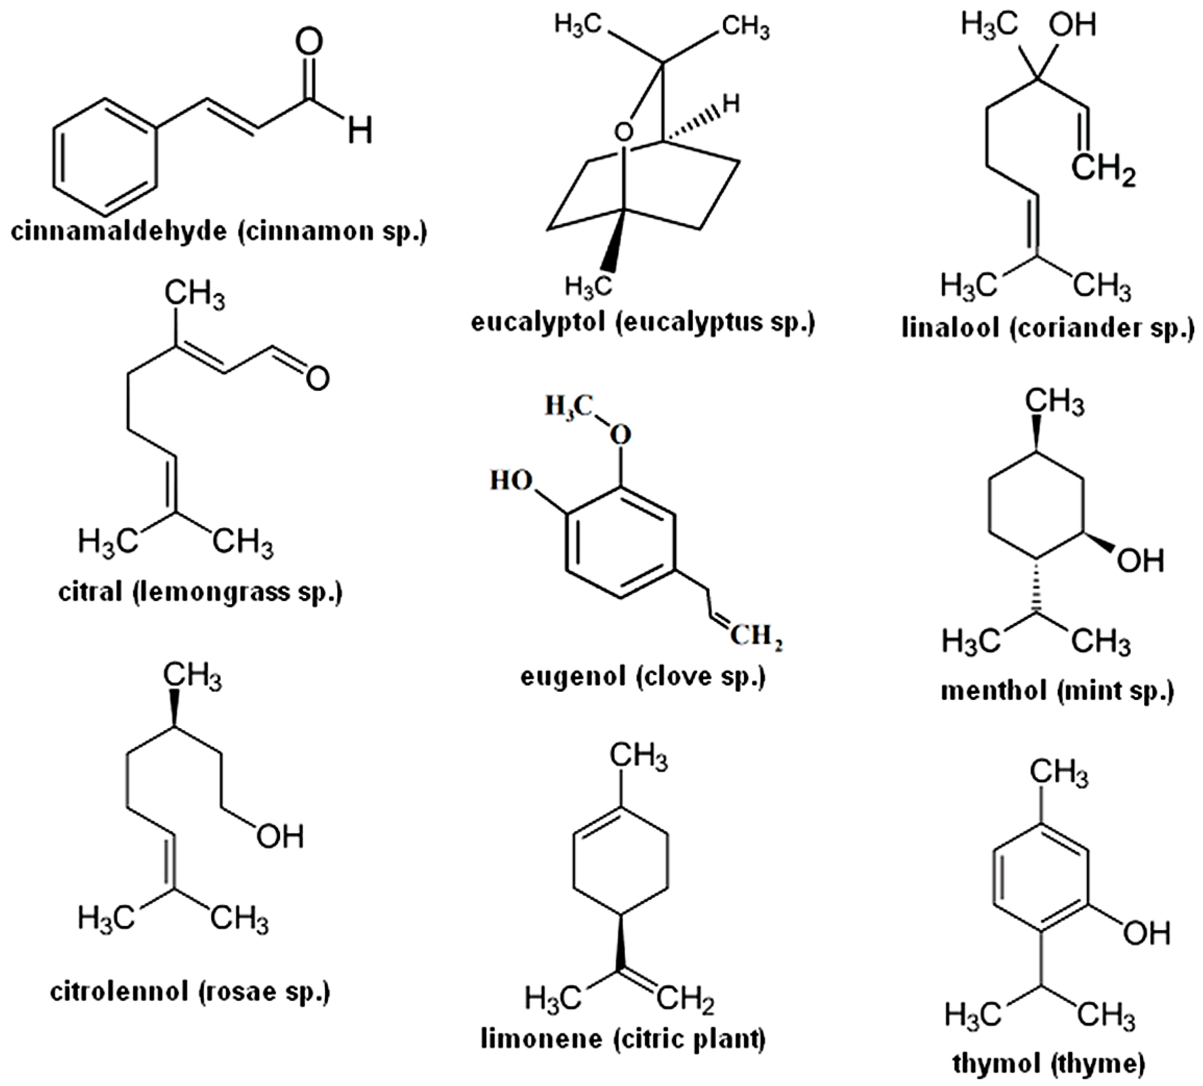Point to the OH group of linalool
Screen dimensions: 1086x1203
[1072, 26]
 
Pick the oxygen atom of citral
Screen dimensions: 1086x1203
[318, 378]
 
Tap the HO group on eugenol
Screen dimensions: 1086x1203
[511, 480]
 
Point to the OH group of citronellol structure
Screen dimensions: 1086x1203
[280, 836]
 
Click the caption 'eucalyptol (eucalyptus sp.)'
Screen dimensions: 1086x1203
[642, 323]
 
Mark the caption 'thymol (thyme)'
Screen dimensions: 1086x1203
[1048, 1063]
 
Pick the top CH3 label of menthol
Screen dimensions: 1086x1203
[1055, 402]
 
